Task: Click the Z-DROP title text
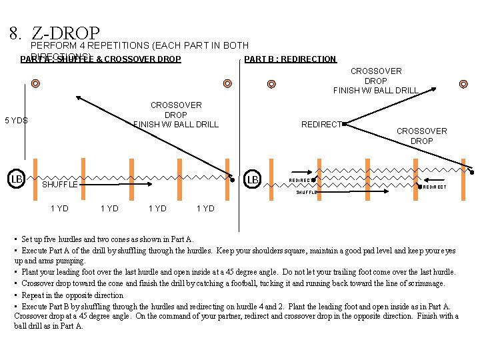(x=65, y=33)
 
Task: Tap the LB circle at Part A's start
(x=17, y=179)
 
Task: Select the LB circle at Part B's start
(x=253, y=179)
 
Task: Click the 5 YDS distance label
(x=16, y=121)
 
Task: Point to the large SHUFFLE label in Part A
(x=59, y=185)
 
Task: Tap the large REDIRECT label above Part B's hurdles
(x=321, y=125)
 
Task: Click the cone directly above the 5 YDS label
(x=35, y=84)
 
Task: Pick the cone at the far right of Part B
(x=463, y=84)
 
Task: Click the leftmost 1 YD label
(x=59, y=209)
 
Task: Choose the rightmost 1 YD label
(x=205, y=209)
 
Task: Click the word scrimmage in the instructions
(x=426, y=283)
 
